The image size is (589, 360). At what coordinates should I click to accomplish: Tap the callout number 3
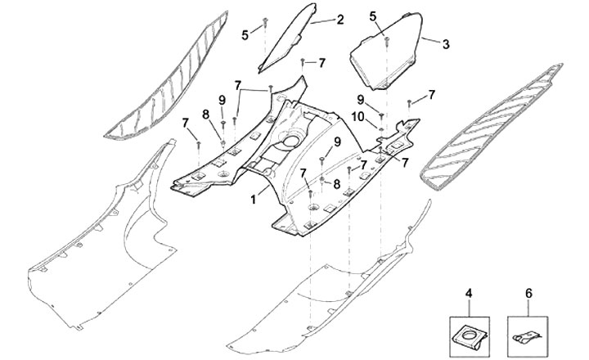click(x=446, y=43)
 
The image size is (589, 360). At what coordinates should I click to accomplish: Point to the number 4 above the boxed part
click(x=469, y=292)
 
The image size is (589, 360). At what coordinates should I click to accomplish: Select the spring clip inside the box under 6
click(x=527, y=335)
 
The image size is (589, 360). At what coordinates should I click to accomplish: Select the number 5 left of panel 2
click(x=244, y=34)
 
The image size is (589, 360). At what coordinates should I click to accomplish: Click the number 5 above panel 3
click(x=373, y=16)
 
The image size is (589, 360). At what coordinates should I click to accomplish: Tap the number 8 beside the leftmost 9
click(x=206, y=114)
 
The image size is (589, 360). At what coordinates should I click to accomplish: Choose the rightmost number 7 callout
click(x=431, y=94)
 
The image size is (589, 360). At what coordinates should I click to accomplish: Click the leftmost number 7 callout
click(x=186, y=123)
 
